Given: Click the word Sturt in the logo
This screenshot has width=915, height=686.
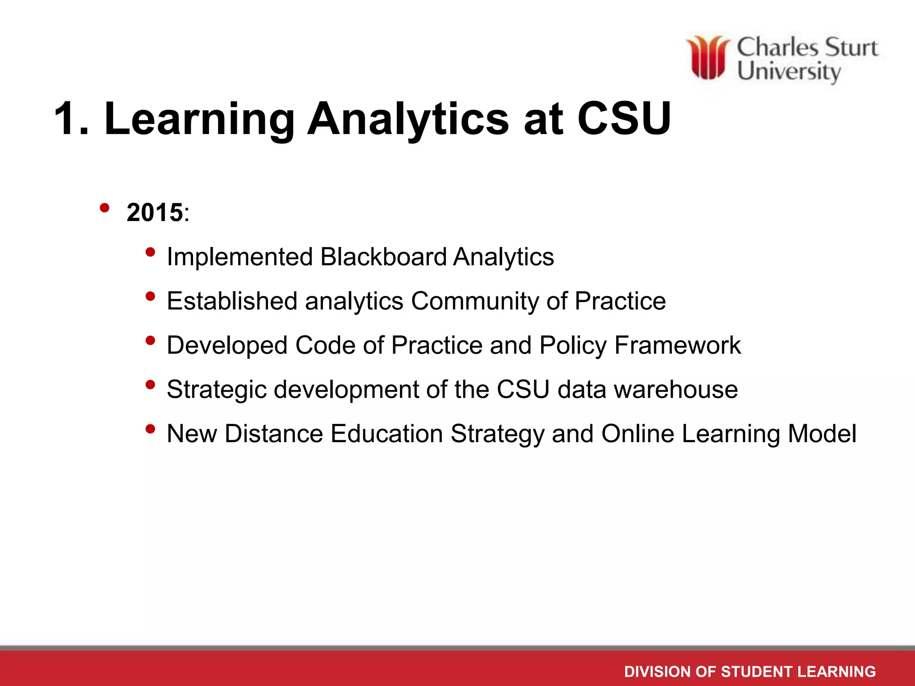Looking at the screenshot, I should pyautogui.click(x=851, y=48).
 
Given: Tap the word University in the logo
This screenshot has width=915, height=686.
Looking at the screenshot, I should pyautogui.click(x=789, y=71).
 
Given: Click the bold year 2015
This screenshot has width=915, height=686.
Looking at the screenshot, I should pyautogui.click(x=155, y=212).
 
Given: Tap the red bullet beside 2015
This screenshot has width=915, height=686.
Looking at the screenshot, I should pyautogui.click(x=105, y=208).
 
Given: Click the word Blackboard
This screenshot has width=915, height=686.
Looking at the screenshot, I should pyautogui.click(x=383, y=257).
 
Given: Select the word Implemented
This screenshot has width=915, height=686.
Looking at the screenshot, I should pyautogui.click(x=239, y=257).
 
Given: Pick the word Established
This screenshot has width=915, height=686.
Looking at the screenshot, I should pyautogui.click(x=232, y=301).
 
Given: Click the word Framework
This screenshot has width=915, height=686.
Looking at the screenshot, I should pyautogui.click(x=677, y=345).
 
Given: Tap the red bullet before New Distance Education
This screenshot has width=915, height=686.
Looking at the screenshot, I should pyautogui.click(x=151, y=429).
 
